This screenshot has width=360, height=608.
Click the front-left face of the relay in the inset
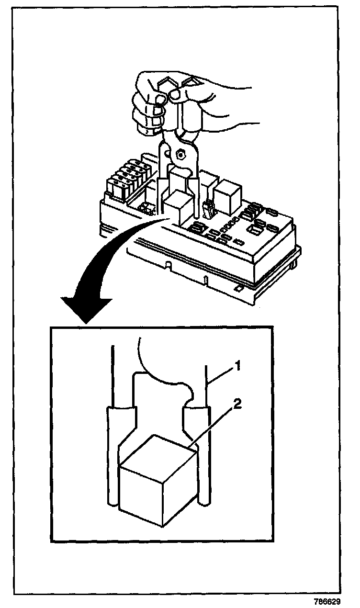coord(142,495)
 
